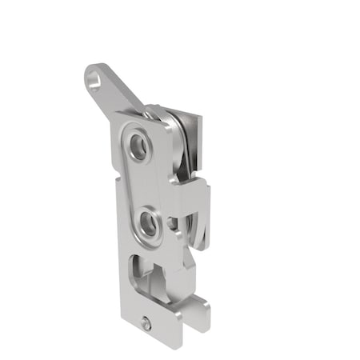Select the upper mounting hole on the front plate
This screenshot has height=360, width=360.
[139, 146]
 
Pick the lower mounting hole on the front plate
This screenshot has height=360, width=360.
[148, 224]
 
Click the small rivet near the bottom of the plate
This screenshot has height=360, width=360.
[144, 324]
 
